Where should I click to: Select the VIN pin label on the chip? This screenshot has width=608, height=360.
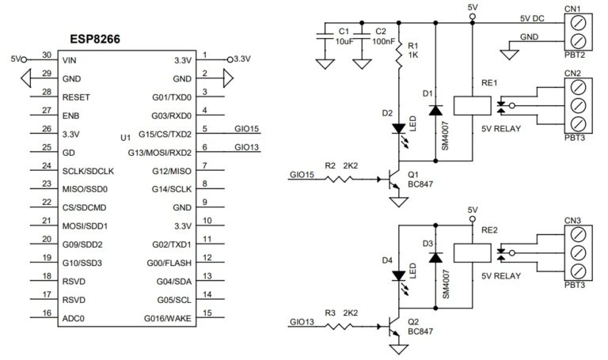tap(70, 59)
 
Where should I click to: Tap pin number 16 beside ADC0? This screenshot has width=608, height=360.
tap(46, 313)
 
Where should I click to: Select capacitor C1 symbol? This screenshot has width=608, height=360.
tap(324, 36)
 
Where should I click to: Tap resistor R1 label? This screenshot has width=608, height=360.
tap(411, 47)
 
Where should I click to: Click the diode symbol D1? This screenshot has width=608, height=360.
tap(435, 110)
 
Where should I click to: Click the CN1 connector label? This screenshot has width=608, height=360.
tap(573, 9)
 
